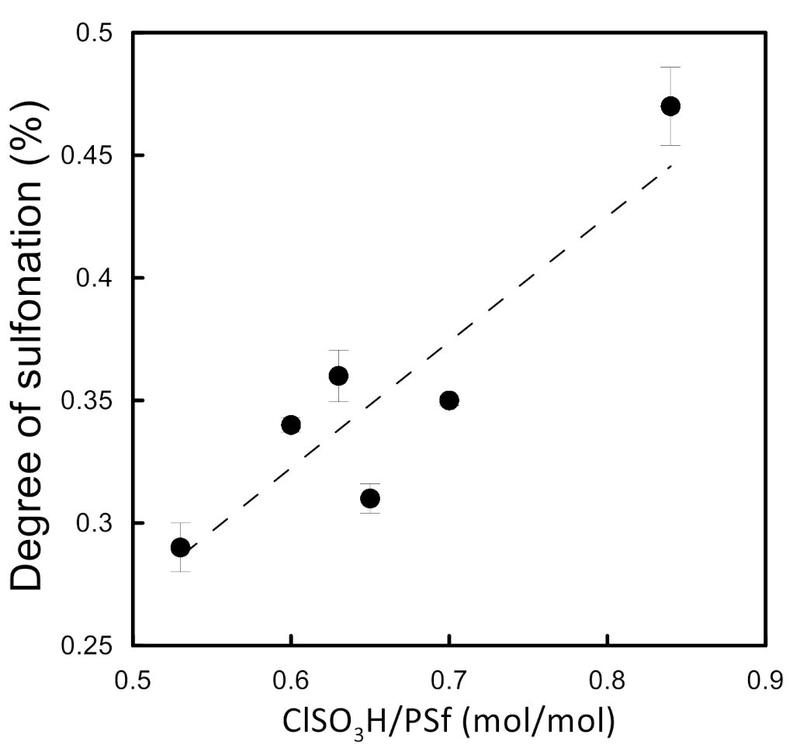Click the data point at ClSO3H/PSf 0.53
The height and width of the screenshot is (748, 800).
coord(180,547)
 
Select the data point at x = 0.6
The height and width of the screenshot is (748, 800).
coord(291,424)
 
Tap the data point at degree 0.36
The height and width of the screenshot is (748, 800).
coord(338,376)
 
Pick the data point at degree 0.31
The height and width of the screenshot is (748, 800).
coord(370,498)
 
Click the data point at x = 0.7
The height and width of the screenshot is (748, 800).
coord(448,400)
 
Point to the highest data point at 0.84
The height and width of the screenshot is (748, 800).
coord(670,106)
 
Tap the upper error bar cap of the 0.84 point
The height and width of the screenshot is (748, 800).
coord(670,68)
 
